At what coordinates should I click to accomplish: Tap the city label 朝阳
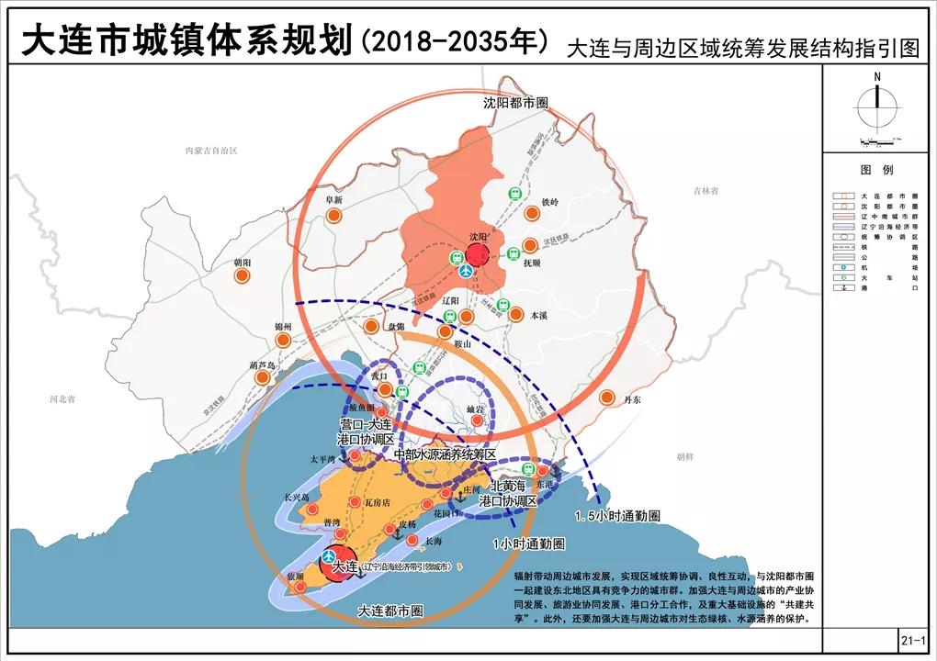pyautogui.click(x=243, y=263)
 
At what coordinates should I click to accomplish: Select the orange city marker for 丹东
pyautogui.click(x=606, y=398)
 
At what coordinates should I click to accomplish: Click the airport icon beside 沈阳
pyautogui.click(x=466, y=272)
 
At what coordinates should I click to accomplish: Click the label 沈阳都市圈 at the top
pyautogui.click(x=515, y=104)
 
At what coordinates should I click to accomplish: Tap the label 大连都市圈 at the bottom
pyautogui.click(x=390, y=611)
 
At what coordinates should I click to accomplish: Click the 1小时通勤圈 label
pyautogui.click(x=528, y=543)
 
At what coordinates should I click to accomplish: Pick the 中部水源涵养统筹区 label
pyautogui.click(x=445, y=454)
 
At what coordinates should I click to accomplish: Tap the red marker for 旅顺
pyautogui.click(x=299, y=586)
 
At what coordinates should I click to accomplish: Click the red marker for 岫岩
pyautogui.click(x=476, y=421)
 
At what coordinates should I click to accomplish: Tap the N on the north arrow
pyautogui.click(x=877, y=76)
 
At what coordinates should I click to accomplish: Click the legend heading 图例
pyautogui.click(x=876, y=171)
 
